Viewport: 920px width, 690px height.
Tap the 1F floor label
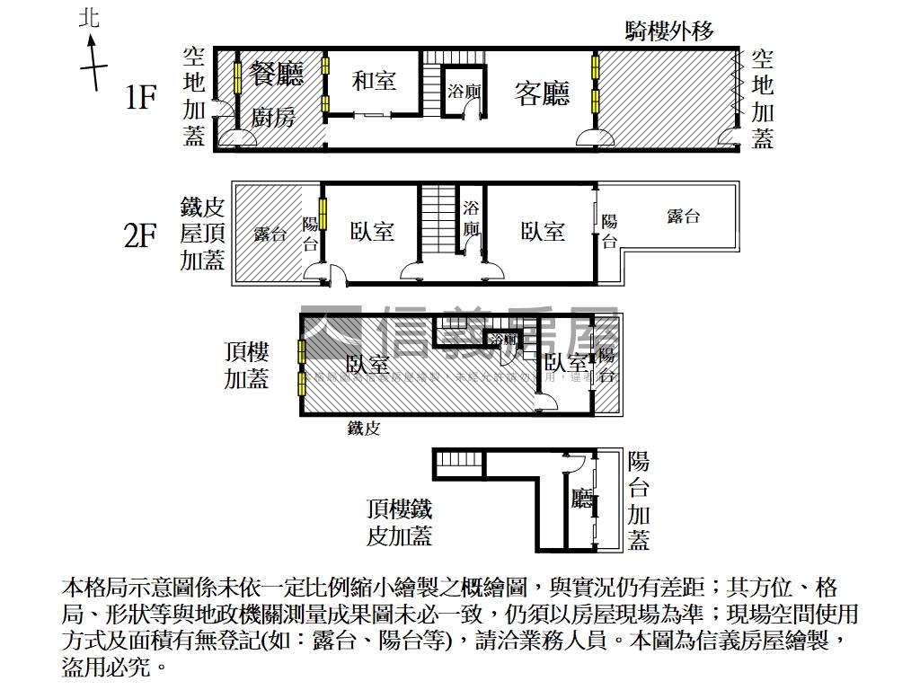point(141,97)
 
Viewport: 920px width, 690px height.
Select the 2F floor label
point(140,235)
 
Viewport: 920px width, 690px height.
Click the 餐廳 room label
point(277,74)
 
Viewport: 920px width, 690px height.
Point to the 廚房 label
point(273,117)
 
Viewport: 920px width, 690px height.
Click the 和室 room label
point(374,81)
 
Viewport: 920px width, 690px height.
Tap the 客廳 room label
point(542,93)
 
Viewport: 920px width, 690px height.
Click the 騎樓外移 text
point(669,32)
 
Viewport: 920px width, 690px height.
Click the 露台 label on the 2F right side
point(684,216)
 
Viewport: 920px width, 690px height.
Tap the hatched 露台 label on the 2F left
point(270,234)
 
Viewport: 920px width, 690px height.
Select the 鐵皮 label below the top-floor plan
point(364,429)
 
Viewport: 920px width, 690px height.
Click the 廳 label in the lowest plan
point(581,500)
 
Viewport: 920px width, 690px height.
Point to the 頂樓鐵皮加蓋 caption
point(400,523)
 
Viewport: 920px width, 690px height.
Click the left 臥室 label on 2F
point(372,232)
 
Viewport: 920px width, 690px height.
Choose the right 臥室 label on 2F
point(543,232)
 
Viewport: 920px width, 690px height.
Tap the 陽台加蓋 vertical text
point(639,500)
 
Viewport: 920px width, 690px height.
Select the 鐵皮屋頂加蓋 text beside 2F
point(202,234)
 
